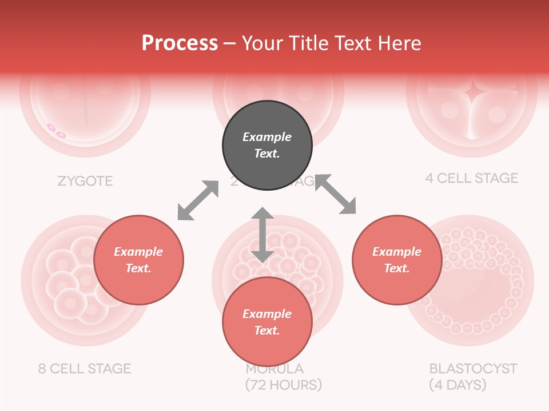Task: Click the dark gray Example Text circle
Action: (x=267, y=146)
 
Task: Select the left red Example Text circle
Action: (x=138, y=260)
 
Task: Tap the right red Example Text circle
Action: (x=397, y=260)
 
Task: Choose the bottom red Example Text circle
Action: (x=267, y=322)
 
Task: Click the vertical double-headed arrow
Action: (x=262, y=235)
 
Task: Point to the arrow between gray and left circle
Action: (x=198, y=200)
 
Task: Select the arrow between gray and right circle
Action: (x=336, y=195)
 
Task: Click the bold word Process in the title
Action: (x=180, y=43)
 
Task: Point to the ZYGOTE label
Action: (x=85, y=182)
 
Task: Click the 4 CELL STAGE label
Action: (x=471, y=178)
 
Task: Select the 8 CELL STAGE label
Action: (x=84, y=368)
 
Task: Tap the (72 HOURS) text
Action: (x=284, y=385)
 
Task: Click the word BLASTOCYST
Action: (x=473, y=368)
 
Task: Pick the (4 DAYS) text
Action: (x=457, y=385)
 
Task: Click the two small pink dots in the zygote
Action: (x=56, y=131)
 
